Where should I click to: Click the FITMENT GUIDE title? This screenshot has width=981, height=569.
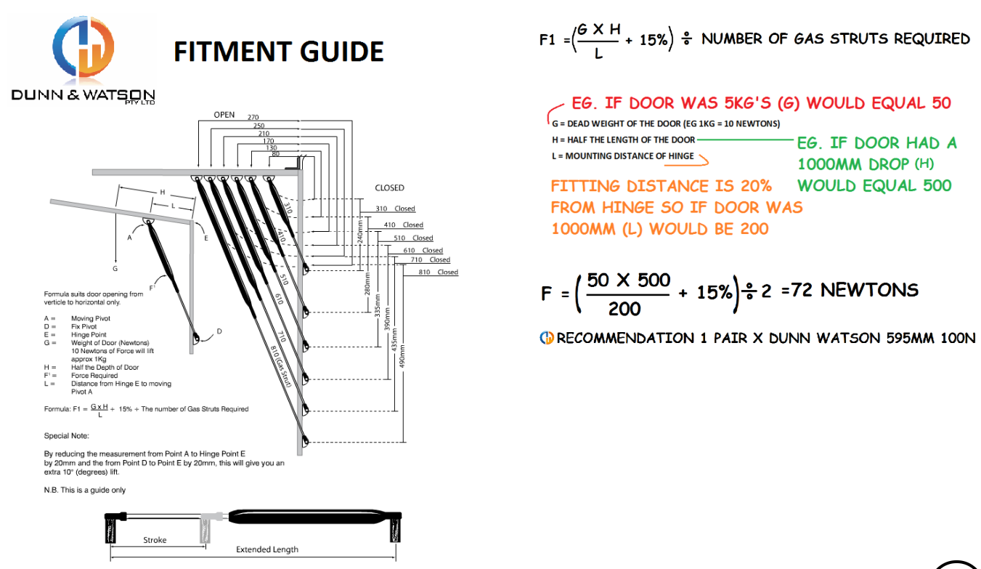[x=279, y=52]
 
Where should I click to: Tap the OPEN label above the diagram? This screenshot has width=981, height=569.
[x=224, y=115]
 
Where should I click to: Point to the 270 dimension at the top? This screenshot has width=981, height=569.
[x=253, y=118]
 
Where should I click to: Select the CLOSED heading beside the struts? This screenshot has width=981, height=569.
[x=389, y=187]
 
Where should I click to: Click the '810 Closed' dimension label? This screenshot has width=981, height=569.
[x=438, y=273]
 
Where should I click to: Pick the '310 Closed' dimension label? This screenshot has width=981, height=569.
[x=395, y=209]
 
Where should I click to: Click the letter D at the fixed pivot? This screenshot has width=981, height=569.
[x=219, y=331]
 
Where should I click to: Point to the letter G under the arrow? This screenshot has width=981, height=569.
[x=115, y=268]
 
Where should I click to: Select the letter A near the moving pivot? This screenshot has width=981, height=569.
[x=130, y=238]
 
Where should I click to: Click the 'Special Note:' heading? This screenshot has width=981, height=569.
[x=66, y=436]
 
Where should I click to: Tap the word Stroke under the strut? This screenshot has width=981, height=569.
[x=155, y=540]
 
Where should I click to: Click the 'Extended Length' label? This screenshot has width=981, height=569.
[x=266, y=549]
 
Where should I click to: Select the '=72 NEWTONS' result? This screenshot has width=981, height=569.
[x=850, y=290]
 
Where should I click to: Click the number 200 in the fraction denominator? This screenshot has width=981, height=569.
[x=624, y=309]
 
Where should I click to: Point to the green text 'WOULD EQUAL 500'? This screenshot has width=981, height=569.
[x=874, y=185]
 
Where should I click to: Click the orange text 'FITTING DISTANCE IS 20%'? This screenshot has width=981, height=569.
[x=661, y=186]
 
